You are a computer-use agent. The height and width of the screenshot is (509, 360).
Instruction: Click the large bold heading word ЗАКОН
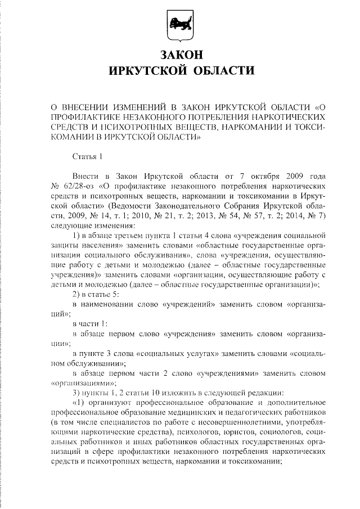coord(180,55)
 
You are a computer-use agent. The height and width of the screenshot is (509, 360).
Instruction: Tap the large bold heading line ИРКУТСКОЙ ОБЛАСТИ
coord(180,71)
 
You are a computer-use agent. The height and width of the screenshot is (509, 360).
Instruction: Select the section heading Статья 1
coord(89,155)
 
